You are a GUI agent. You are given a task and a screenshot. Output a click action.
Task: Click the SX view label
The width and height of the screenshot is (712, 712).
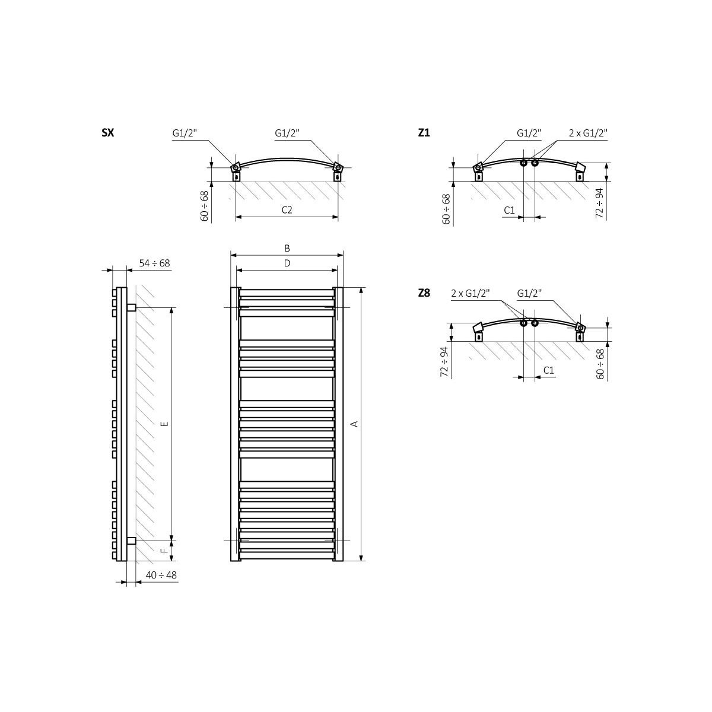coord(108,133)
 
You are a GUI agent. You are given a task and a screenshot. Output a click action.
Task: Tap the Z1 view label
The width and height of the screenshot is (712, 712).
coord(424,133)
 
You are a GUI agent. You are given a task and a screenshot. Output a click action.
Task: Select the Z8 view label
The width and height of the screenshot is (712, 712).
coord(424,293)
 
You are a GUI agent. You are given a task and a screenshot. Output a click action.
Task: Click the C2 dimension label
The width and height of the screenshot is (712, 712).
coord(287,210)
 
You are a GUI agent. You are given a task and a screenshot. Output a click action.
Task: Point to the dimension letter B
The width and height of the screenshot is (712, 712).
coord(287,248)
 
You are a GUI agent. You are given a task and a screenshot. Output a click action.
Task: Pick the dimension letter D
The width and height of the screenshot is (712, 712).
coord(287,263)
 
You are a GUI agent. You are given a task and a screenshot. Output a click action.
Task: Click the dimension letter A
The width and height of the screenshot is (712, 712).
coord(354,424)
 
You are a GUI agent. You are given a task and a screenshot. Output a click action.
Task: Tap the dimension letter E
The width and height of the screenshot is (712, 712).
coord(165,424)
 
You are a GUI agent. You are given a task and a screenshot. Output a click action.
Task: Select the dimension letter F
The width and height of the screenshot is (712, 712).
coord(165,550)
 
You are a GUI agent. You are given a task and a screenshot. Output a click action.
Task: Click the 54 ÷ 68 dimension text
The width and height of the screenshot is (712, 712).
coord(154,263)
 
